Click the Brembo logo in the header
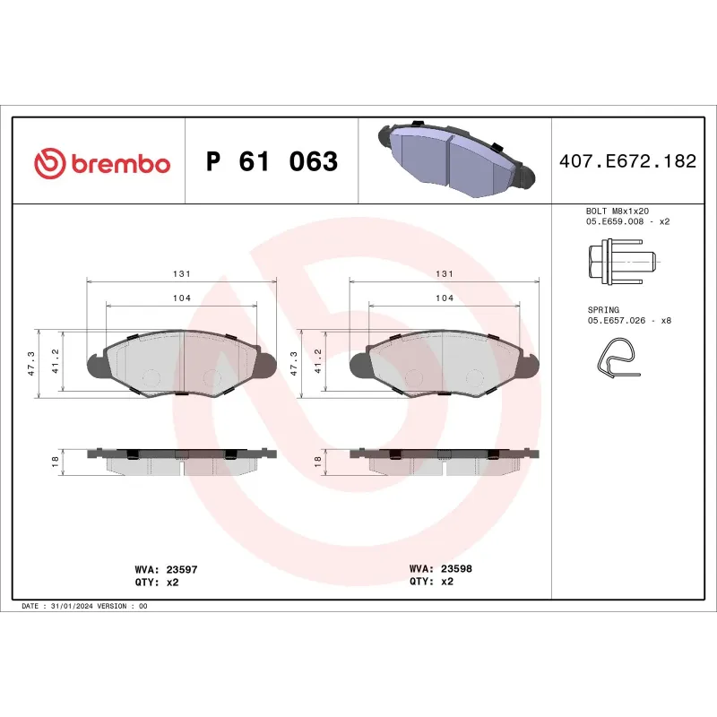[x=101, y=163]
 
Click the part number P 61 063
[x=272, y=162]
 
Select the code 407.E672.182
[x=626, y=162]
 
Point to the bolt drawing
[x=618, y=262]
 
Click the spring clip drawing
[x=617, y=357]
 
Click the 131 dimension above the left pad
[x=181, y=273]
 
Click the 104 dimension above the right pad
[x=445, y=298]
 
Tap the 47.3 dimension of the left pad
[x=31, y=362]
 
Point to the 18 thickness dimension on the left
[x=55, y=462]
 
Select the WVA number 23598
[x=456, y=569]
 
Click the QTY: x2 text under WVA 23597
[x=156, y=582]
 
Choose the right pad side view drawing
[x=445, y=461]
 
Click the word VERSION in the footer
[x=115, y=607]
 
